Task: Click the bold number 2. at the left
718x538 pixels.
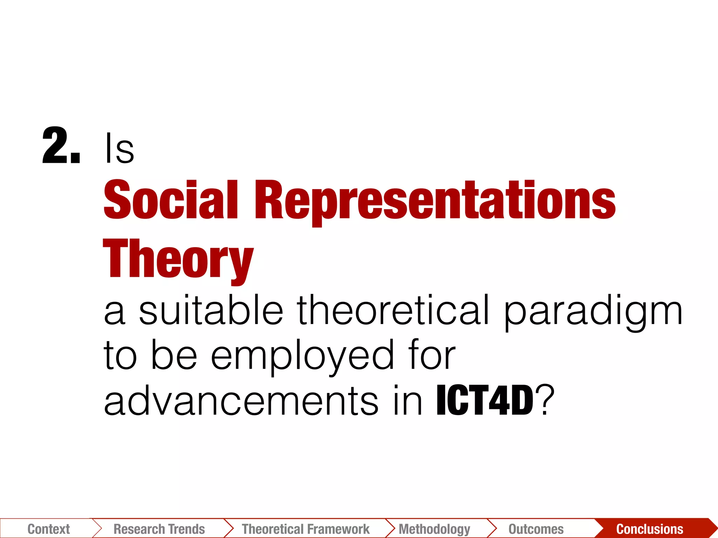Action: [61, 146]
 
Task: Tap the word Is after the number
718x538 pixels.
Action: [119, 149]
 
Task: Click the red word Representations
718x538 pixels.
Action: [435, 201]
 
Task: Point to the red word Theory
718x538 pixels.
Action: [178, 259]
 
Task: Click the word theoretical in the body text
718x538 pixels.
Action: [393, 310]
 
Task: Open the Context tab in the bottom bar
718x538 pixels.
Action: [49, 529]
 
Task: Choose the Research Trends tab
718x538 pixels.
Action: [159, 529]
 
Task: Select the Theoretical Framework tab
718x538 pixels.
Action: [306, 529]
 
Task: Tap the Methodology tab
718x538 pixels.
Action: [434, 529]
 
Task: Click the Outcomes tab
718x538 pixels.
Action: [536, 529]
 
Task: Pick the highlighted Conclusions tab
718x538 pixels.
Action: [650, 529]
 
